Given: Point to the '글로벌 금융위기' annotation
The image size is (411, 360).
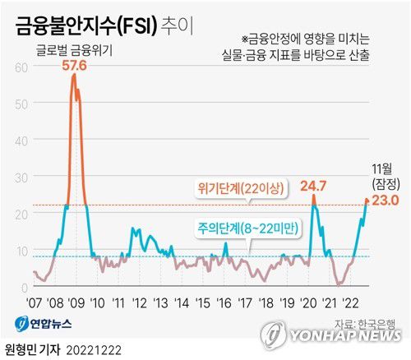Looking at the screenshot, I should (x=74, y=50).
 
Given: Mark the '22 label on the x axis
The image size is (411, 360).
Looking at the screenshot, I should (x=350, y=302).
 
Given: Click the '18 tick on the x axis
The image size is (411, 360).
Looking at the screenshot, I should (x=265, y=302).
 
